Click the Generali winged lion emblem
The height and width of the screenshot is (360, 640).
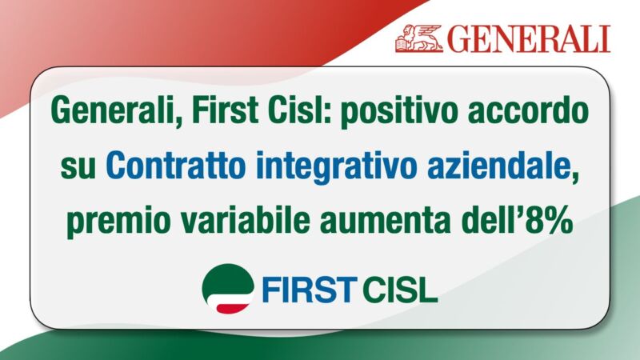point(418,38)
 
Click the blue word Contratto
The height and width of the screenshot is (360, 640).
point(176,166)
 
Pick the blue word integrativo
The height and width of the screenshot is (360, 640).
point(336,167)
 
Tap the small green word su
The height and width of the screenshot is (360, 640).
point(78,169)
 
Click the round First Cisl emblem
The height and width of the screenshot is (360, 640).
point(228,289)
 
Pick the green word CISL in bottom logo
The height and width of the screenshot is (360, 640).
point(399,290)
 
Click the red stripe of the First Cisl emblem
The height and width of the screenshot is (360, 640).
point(234,308)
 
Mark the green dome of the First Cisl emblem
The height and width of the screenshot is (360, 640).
point(227,278)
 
